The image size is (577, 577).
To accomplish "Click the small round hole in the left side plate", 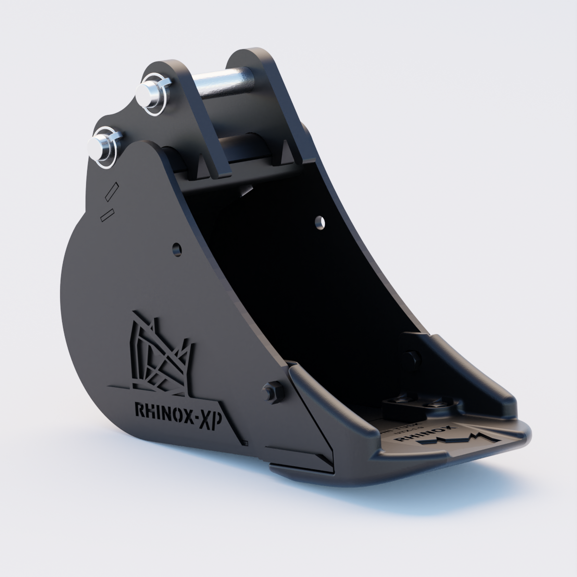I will pos(177,249).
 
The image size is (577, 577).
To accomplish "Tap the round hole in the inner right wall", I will pos(318,222).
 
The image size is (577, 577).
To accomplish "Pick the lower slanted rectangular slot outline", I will pos(106,214).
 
